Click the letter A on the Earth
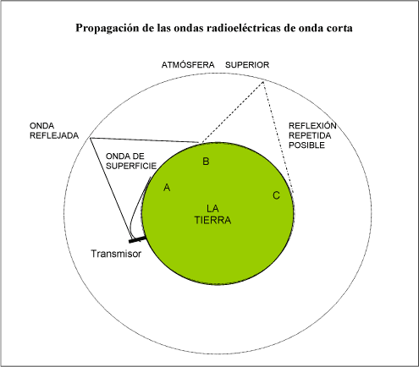tap(167, 187)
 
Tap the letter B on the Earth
tap(206, 162)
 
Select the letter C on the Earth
tap(276, 195)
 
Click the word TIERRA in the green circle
tap(212, 220)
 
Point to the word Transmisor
tap(116, 254)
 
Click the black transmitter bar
tap(137, 240)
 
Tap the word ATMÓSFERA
tap(188, 65)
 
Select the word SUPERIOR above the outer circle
tap(247, 65)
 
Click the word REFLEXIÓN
tap(312, 125)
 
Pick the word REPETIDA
tap(310, 135)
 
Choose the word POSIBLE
tap(306, 145)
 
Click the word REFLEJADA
tap(54, 135)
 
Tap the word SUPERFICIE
tap(131, 166)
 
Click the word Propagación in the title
tap(108, 28)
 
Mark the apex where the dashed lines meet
tap(263, 82)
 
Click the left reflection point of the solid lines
tap(91, 138)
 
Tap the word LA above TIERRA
tap(212, 209)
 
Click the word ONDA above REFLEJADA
tap(41, 126)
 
